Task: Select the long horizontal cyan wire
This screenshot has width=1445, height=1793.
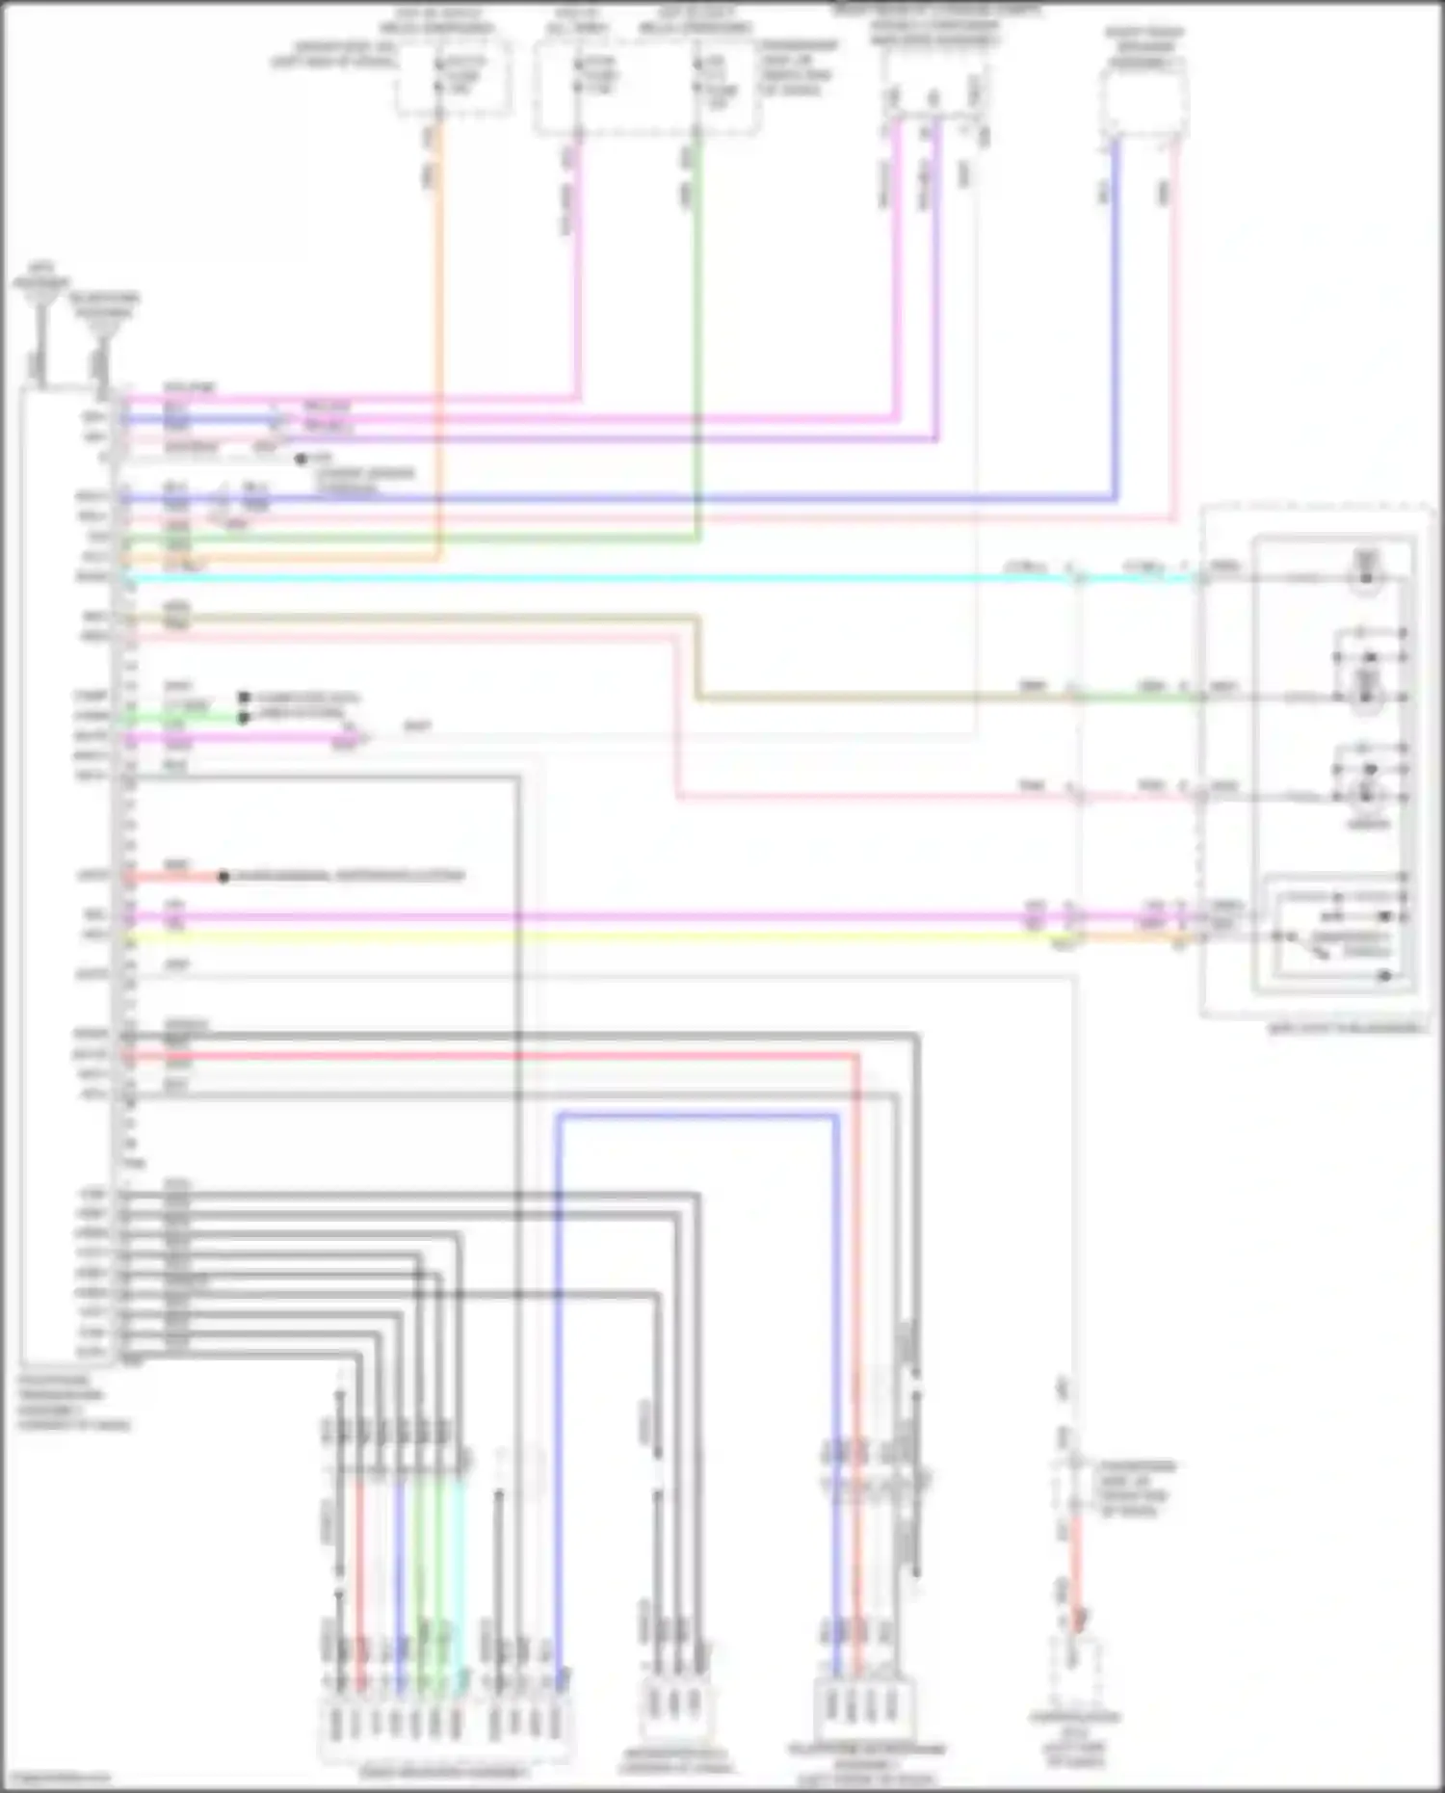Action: pos(578,578)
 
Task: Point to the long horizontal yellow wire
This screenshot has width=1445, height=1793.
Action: pos(578,936)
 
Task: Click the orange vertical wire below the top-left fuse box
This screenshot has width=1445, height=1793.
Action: pos(439,289)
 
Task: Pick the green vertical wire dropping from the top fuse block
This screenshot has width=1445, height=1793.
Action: pos(697,337)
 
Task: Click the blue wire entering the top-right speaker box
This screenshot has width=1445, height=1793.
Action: pos(1116,289)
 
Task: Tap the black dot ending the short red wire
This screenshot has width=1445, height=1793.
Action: pos(223,877)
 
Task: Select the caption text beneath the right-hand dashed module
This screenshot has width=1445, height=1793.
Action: pos(1347,1028)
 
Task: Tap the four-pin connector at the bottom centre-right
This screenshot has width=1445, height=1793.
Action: pos(865,1706)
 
